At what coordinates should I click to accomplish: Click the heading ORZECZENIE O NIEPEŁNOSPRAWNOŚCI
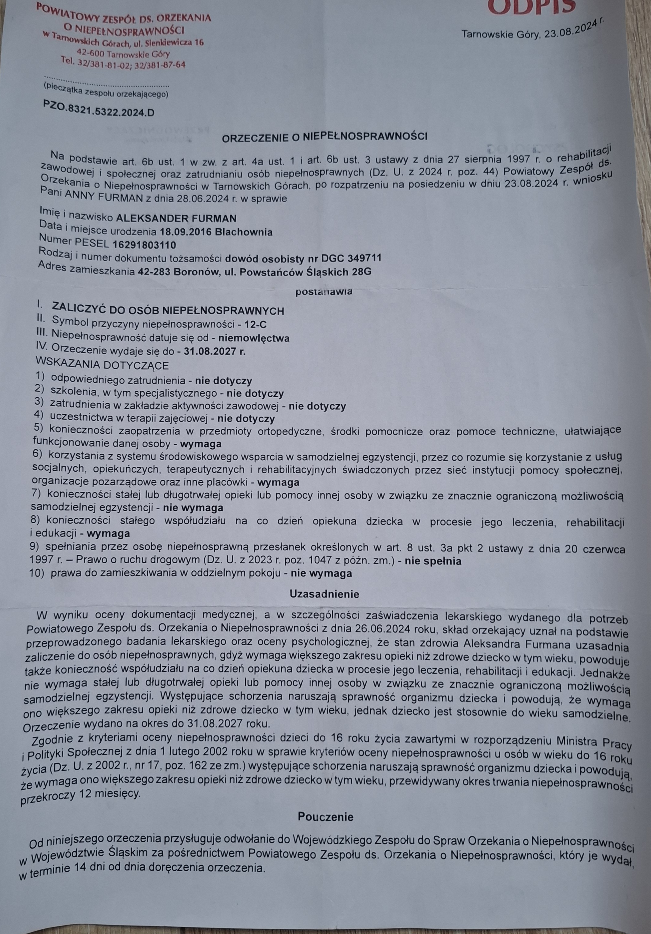(324, 138)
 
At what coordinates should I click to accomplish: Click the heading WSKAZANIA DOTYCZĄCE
(102, 365)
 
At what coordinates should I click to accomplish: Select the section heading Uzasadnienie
(324, 594)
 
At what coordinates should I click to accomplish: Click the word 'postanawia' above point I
(324, 291)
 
